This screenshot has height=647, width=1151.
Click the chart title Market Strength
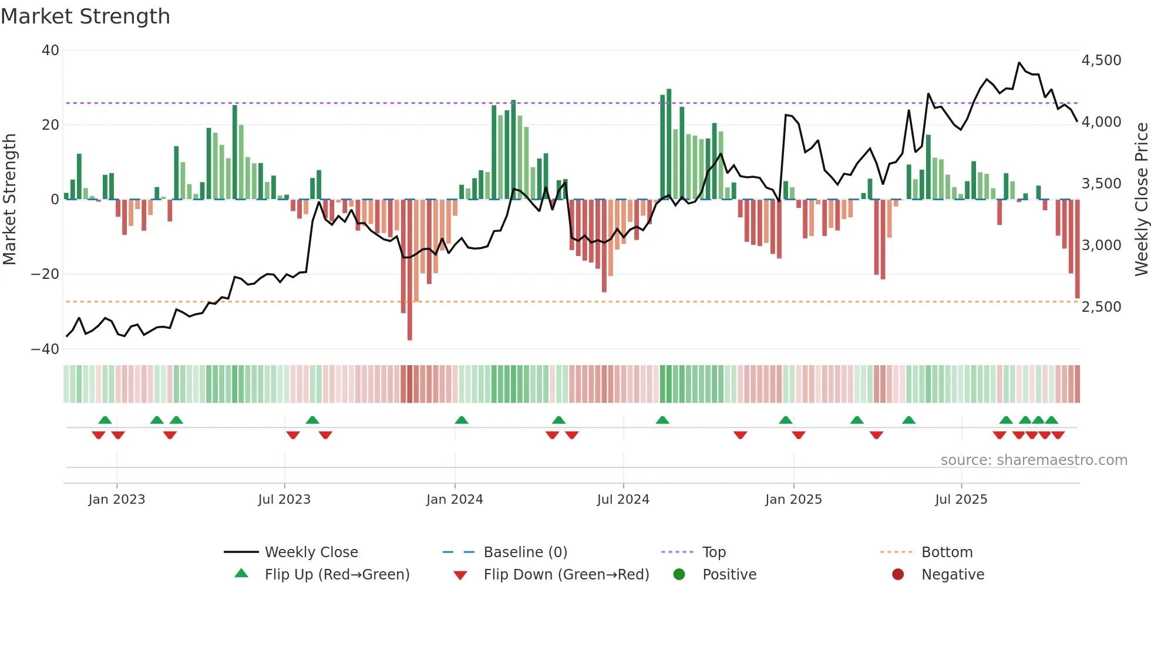85,16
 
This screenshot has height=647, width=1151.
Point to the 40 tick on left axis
51,50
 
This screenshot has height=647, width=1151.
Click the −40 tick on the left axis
46,349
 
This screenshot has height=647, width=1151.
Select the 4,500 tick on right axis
1101,60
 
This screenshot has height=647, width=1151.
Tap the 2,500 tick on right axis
1101,307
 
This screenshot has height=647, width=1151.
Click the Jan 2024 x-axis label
455,500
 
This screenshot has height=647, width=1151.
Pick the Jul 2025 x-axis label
961,500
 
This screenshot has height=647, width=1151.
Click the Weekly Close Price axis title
1141,200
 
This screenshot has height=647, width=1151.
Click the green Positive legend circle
679,575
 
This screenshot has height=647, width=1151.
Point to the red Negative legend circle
898,575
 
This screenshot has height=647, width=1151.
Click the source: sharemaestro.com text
1034,460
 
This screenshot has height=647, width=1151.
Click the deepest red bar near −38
410,270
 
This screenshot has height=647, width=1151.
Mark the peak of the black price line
1019,63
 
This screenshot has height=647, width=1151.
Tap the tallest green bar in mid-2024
669,144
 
